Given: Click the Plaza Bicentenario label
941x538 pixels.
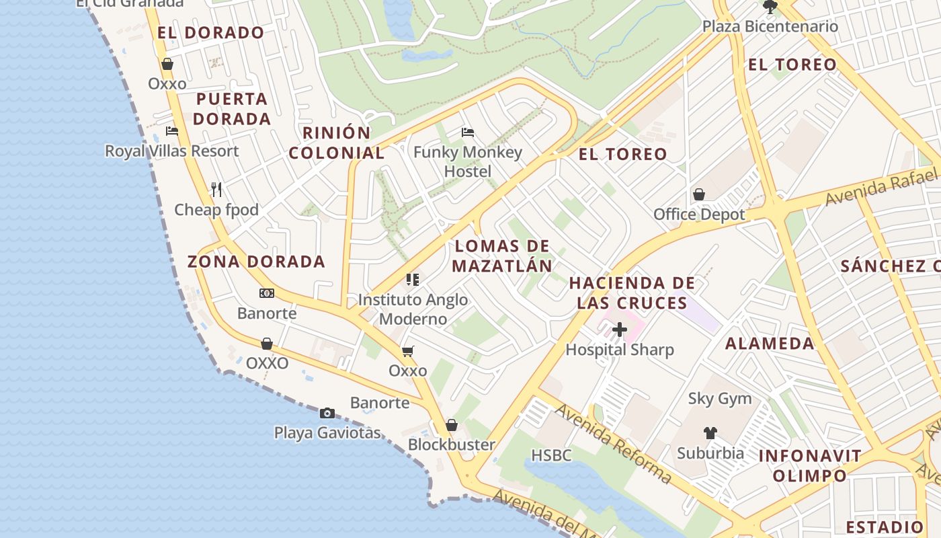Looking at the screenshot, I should pos(770,27).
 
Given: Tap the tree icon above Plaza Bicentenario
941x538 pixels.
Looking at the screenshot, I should pos(770,7).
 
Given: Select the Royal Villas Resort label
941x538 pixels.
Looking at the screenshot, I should pos(171,151).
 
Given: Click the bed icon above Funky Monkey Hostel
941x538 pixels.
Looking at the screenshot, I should pos(468,132).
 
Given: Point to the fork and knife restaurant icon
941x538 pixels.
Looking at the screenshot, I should pos(216,190).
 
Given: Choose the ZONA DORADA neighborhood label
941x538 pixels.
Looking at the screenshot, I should pos(256,262).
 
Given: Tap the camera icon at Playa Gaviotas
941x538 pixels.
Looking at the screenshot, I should pos(327,413).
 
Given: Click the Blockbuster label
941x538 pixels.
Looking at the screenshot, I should pos(452,445).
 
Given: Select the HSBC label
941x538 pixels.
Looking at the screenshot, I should pos(551,455).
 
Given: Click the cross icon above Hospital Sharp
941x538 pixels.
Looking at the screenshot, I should pos(620,330).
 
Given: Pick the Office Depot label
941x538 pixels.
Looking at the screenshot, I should pos(699,215).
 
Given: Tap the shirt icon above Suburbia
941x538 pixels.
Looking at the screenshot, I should pos(710,432).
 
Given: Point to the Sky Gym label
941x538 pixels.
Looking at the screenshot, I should pos(720,398).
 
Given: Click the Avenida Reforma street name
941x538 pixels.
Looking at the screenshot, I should pos(613,444).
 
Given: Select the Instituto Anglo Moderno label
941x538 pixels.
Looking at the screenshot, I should pos(413,309).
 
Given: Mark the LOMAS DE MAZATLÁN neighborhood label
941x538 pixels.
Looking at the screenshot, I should pos(502,256).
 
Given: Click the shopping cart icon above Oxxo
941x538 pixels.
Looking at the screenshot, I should pos(408,351).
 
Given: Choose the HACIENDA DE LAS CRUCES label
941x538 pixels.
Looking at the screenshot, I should pos(632,293).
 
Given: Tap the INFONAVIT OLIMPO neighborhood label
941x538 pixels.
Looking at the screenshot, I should pos(810,465).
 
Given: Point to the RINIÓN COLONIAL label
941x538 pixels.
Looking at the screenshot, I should pos(336,143).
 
